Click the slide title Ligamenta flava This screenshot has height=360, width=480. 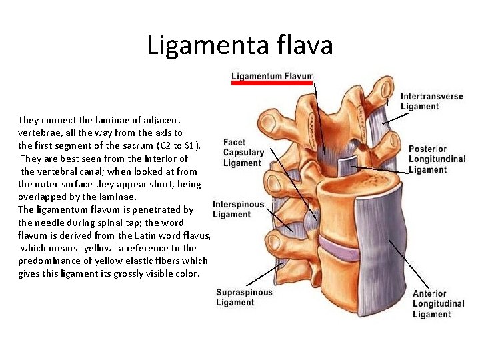(239, 45)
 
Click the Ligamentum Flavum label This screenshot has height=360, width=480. (272, 76)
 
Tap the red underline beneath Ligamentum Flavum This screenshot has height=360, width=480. (272, 83)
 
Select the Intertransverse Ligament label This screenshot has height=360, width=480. (431, 101)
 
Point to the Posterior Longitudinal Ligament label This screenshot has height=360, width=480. (437, 159)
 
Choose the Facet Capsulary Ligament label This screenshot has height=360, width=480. (243, 153)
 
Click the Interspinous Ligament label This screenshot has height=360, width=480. (238, 209)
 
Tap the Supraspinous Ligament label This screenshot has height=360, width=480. (244, 297)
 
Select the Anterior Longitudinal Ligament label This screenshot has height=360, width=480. (438, 304)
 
